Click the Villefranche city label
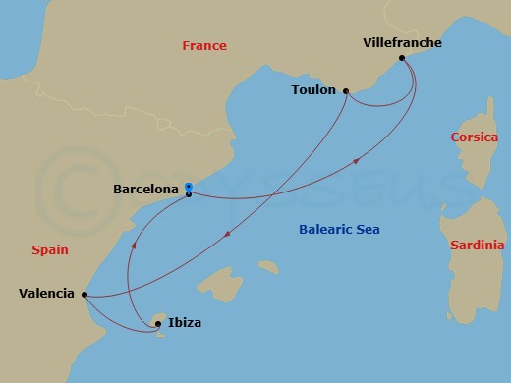pos(402,43)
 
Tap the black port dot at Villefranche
pos(403,59)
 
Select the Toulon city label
pos(313,90)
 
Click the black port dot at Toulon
pos(346,91)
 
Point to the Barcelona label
pos(145,188)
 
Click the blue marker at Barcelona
pos(189,187)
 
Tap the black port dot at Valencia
pos(85,294)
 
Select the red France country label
pos(204,46)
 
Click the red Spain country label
pos(49,250)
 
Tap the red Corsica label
pos(475,137)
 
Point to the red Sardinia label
pos(477,245)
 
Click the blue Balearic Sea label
pos(339,230)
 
